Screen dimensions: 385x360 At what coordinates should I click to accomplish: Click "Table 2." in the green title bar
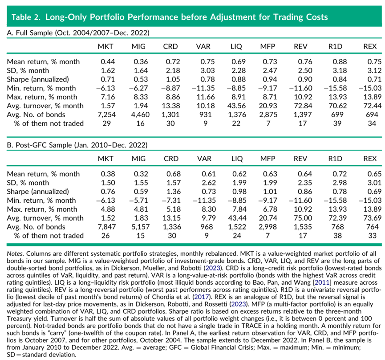(x=26, y=17)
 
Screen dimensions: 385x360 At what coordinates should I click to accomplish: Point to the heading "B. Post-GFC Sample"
(x=39, y=145)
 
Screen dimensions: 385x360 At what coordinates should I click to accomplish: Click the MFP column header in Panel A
(x=267, y=46)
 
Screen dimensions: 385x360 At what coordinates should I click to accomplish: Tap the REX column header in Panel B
(x=370, y=159)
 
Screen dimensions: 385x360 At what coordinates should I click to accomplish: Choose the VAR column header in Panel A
(x=203, y=46)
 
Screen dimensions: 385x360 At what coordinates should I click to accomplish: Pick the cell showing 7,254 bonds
(x=106, y=115)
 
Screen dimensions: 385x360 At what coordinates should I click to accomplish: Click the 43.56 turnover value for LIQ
(x=236, y=106)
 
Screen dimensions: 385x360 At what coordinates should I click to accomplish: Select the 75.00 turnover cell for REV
(x=303, y=218)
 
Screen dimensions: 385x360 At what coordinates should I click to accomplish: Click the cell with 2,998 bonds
(x=267, y=227)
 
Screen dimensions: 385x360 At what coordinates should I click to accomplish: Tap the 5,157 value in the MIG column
(x=141, y=227)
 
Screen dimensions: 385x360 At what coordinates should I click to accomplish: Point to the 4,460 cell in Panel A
(x=141, y=115)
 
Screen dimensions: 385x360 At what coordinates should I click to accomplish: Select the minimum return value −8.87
(x=170, y=88)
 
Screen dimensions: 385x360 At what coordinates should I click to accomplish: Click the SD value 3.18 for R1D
(x=340, y=70)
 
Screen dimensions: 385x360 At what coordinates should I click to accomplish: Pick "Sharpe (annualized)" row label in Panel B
(x=38, y=192)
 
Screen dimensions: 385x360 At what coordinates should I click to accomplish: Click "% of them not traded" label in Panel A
(x=49, y=123)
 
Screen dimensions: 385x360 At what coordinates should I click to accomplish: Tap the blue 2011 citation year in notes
(x=322, y=282)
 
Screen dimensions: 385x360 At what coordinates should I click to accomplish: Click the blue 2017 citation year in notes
(x=201, y=297)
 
